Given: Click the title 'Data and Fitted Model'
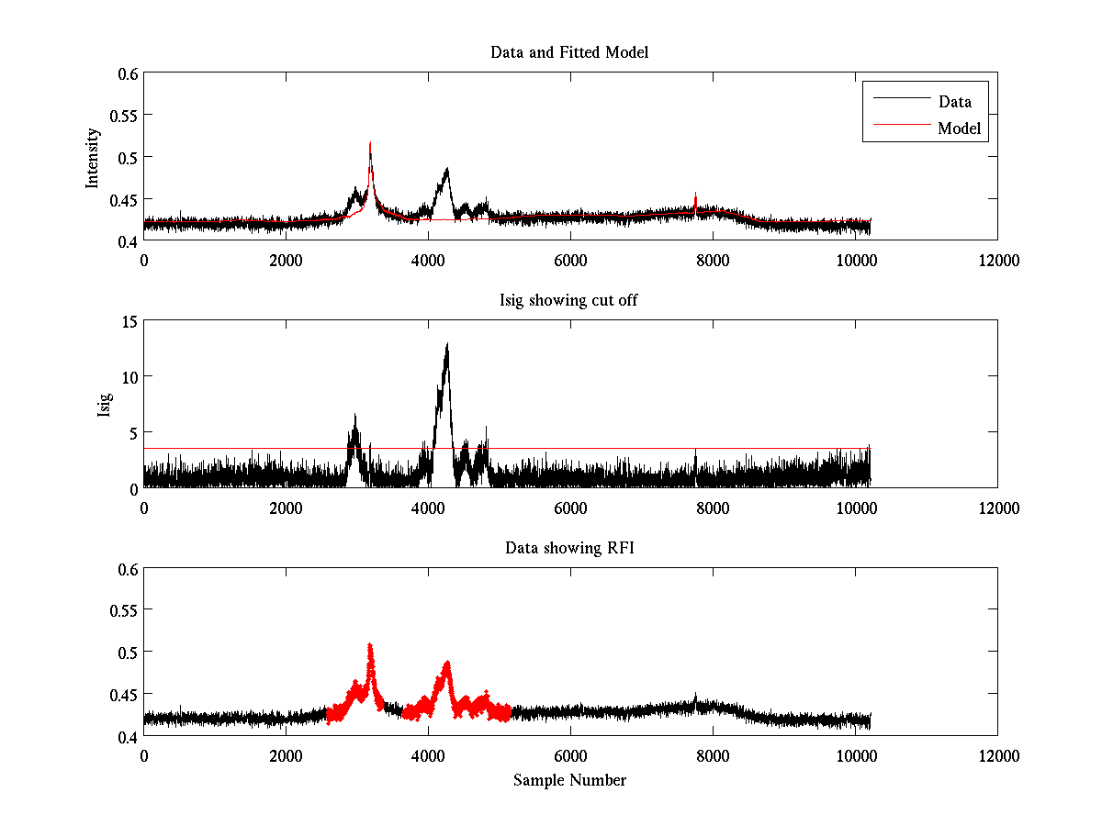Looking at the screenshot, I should (x=569, y=52).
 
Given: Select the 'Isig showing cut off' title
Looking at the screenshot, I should (x=569, y=300).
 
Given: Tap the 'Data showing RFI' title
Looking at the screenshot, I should (x=569, y=548).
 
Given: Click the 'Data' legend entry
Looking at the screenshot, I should (x=955, y=102).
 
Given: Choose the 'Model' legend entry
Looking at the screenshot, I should (x=959, y=128).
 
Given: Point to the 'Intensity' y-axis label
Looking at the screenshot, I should (x=93, y=157).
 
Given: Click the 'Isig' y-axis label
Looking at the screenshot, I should (x=104, y=405).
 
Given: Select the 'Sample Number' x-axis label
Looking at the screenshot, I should (x=569, y=780).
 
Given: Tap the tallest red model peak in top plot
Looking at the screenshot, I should (x=370, y=144).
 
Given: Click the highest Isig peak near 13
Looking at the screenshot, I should (x=447, y=344).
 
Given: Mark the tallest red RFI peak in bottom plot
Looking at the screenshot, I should (x=370, y=645).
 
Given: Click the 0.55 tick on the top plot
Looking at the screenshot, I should (x=126, y=116).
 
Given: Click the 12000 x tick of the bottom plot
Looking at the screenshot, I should (x=997, y=756).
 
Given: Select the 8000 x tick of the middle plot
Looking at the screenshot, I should (x=713, y=508).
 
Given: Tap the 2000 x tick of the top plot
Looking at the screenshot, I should (x=286, y=261).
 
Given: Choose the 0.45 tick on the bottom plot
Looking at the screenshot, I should (x=126, y=695).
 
